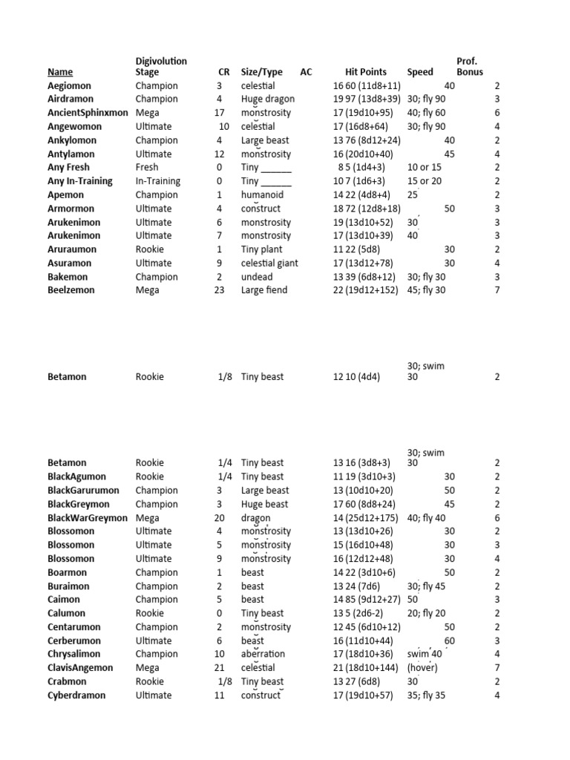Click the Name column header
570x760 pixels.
click(60, 72)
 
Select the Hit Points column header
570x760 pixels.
click(366, 72)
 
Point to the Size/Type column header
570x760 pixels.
click(261, 72)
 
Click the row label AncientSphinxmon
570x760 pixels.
click(88, 113)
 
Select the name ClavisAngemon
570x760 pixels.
click(80, 668)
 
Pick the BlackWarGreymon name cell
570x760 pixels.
click(88, 518)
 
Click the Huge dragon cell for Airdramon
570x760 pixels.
click(267, 99)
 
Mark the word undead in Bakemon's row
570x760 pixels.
click(256, 277)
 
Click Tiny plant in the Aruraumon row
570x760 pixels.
click(261, 249)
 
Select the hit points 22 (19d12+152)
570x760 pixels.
click(367, 290)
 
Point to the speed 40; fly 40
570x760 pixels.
click(426, 518)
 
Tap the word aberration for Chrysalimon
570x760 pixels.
click(263, 654)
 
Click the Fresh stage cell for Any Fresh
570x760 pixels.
click(148, 168)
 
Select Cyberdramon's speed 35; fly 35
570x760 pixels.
click(426, 695)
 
